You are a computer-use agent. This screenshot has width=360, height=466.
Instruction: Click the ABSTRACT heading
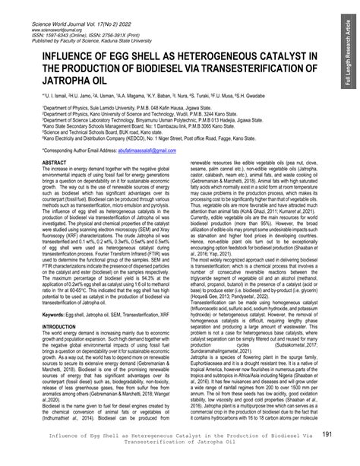[55, 163]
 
